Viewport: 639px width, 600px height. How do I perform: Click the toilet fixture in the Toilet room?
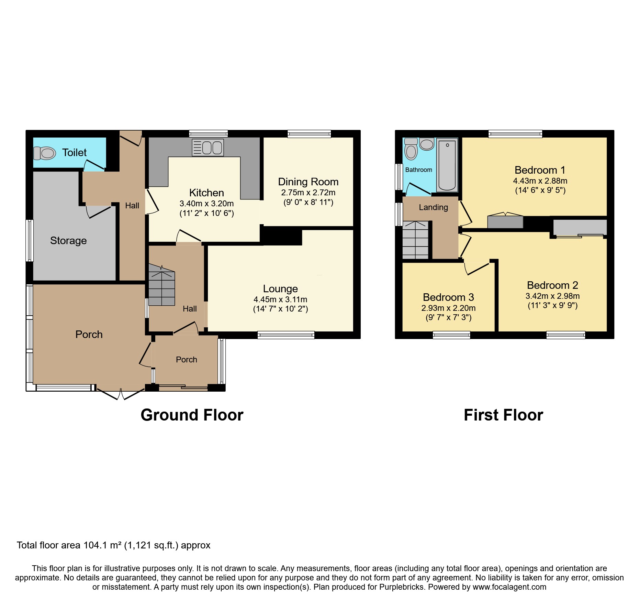pyautogui.click(x=45, y=153)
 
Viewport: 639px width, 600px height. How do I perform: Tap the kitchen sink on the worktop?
pyautogui.click(x=208, y=148)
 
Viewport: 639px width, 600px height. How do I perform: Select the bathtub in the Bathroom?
pyautogui.click(x=447, y=165)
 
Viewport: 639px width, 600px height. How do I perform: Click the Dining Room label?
pyautogui.click(x=308, y=182)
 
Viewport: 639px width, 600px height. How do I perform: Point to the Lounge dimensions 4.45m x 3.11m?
pyautogui.click(x=280, y=299)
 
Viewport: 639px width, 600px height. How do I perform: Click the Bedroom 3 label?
pyautogui.click(x=448, y=297)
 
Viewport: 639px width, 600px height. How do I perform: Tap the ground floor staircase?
pyautogui.click(x=161, y=288)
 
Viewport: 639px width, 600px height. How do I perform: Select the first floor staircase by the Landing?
pyautogui.click(x=416, y=240)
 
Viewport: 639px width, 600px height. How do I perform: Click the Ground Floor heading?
pyautogui.click(x=192, y=415)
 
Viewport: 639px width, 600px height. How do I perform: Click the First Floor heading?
pyautogui.click(x=503, y=415)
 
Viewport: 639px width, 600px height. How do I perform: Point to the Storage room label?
pyautogui.click(x=68, y=241)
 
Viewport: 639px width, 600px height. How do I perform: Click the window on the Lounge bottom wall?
pyautogui.click(x=286, y=335)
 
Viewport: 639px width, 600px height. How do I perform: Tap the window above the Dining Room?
pyautogui.click(x=309, y=134)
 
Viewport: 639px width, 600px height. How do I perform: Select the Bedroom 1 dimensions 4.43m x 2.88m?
pyautogui.click(x=540, y=181)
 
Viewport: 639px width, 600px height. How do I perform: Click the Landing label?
pyautogui.click(x=433, y=207)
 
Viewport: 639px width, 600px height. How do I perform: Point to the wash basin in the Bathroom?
pyautogui.click(x=427, y=144)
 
